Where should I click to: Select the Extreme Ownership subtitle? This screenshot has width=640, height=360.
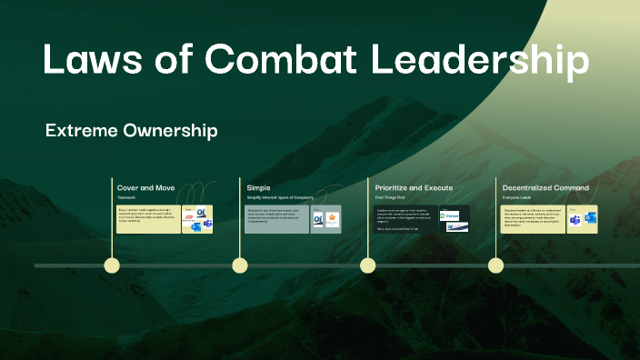(x=131, y=131)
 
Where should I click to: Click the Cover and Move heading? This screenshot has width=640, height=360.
(x=145, y=187)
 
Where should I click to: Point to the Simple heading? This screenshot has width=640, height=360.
(x=258, y=187)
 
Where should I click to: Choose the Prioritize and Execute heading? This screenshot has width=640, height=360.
(x=414, y=187)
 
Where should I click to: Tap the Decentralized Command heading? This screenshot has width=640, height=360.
(x=545, y=187)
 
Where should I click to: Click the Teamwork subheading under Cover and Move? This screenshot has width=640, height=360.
(x=126, y=197)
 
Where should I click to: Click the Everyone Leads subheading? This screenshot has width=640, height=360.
(x=517, y=197)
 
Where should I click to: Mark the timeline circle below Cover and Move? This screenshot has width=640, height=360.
(x=112, y=265)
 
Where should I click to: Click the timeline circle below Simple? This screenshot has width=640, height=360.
(x=240, y=265)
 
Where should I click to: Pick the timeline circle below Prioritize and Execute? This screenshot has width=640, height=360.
(x=367, y=265)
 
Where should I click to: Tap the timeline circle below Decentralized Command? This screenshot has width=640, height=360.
(x=495, y=265)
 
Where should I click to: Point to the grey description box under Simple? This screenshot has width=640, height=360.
(x=276, y=219)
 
